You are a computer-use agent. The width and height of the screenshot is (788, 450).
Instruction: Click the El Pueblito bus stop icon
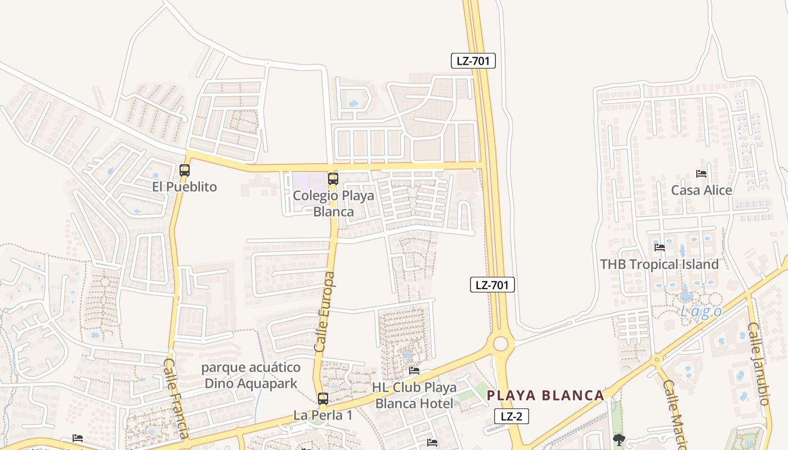tap(185, 170)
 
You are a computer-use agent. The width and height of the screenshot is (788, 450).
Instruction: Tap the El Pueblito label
tap(184, 187)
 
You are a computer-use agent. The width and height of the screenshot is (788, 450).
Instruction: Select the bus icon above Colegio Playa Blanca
tap(333, 179)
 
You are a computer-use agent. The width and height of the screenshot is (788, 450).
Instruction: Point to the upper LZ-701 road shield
tap(473, 61)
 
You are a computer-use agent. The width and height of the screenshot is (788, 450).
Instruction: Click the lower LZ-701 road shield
tap(492, 285)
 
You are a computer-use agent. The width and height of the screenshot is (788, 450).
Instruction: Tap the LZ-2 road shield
tap(512, 416)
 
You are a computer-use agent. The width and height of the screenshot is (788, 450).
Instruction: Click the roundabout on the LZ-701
tap(500, 343)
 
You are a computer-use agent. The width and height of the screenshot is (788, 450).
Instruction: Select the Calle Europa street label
tap(325, 312)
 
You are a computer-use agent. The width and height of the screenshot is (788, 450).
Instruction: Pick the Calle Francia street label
tap(176, 398)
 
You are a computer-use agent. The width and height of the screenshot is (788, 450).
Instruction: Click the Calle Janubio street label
tap(758, 363)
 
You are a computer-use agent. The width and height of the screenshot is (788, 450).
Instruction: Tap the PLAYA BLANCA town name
tap(545, 395)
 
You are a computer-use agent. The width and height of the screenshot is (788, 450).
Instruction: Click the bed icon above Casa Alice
tap(701, 173)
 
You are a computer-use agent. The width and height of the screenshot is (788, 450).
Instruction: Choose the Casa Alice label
tap(701, 190)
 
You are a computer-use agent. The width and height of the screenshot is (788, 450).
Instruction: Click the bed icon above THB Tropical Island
tap(660, 247)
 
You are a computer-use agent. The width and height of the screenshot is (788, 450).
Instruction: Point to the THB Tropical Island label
tap(659, 264)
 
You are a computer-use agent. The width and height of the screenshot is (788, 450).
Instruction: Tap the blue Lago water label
tap(701, 312)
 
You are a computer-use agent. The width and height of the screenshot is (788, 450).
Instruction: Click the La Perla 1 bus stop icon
tap(323, 398)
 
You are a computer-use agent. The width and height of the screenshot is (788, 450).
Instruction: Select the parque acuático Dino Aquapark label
tap(251, 376)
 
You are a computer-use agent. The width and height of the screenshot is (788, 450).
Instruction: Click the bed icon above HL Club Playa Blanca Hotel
tap(414, 371)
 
